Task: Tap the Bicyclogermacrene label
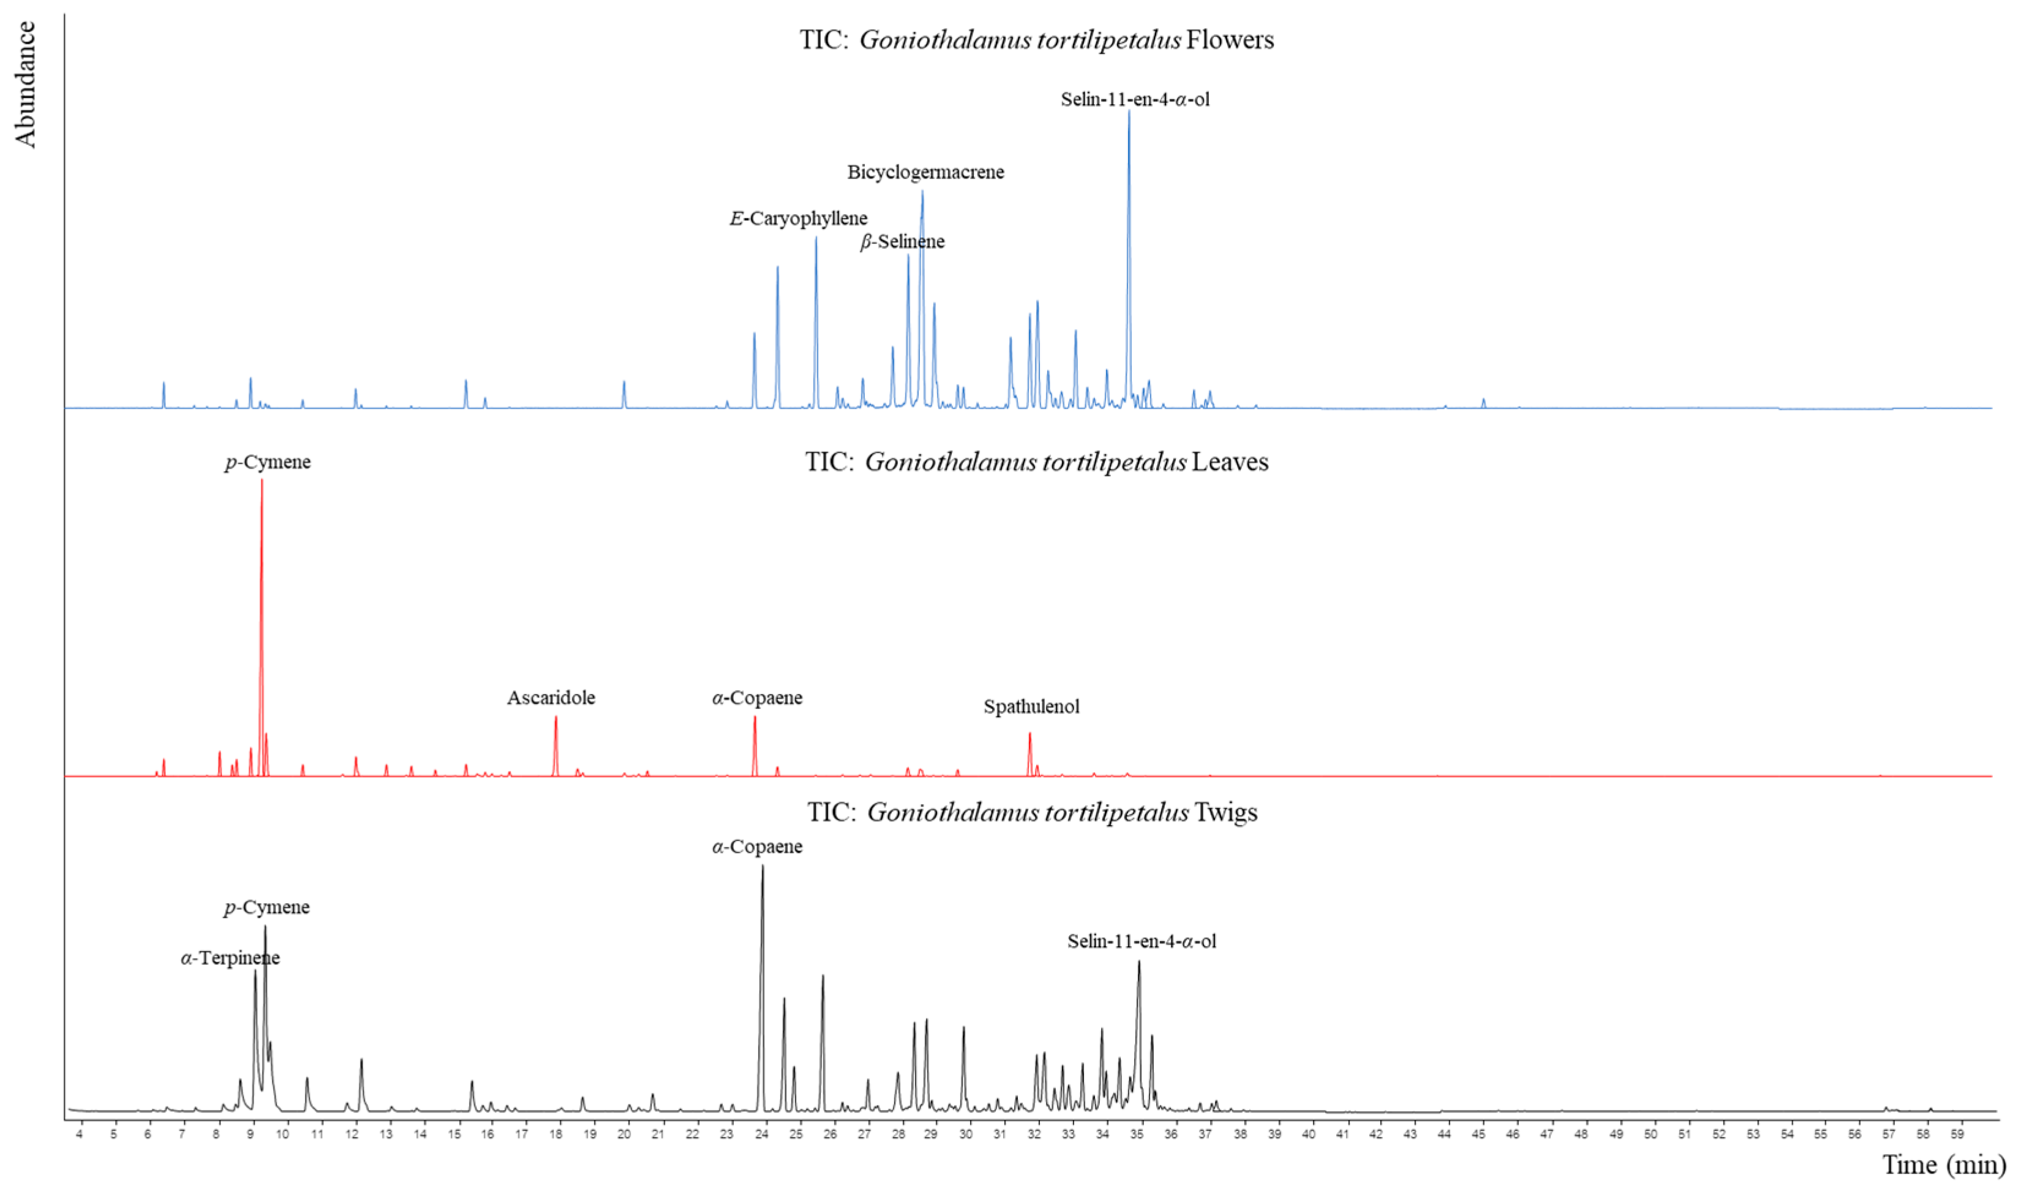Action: click(x=925, y=172)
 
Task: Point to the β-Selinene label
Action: click(x=902, y=242)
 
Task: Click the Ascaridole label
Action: click(x=551, y=697)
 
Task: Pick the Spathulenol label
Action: click(x=1031, y=707)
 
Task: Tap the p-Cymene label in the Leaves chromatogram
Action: click(x=267, y=462)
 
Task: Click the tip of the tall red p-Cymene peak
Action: click(x=261, y=480)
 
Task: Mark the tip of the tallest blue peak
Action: click(x=1128, y=111)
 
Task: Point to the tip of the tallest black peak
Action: click(x=763, y=866)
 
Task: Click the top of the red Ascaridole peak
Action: click(x=555, y=717)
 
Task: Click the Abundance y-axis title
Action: click(x=25, y=84)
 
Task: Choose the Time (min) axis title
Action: click(x=1943, y=1164)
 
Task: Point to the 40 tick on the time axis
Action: click(x=1309, y=1134)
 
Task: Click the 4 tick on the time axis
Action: click(x=80, y=1134)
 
